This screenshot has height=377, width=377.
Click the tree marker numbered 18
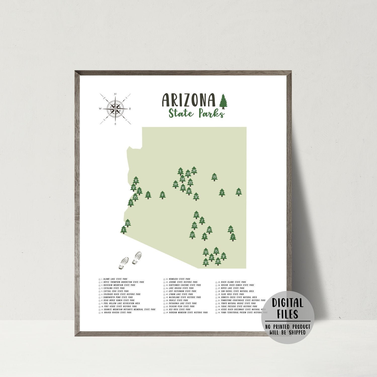[x=239, y=192]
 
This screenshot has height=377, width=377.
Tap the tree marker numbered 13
[x=214, y=177]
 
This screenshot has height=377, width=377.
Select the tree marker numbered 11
[x=163, y=195]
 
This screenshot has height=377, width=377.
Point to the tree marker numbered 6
[x=123, y=230]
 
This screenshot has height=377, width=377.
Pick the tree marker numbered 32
[x=196, y=196]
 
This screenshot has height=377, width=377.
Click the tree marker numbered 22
[x=192, y=235]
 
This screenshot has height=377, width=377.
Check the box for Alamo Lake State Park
[x=100, y=279]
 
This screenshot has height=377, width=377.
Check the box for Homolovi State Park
[x=164, y=279]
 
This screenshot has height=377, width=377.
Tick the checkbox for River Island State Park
[x=216, y=282]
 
